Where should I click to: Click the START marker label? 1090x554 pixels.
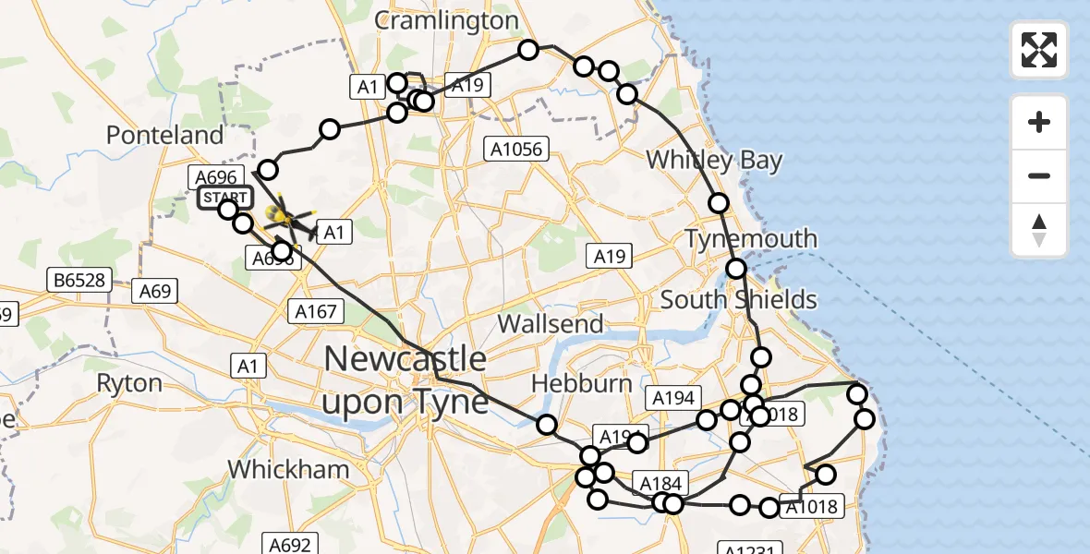tap(224, 198)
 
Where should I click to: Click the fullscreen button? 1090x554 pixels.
tap(1039, 50)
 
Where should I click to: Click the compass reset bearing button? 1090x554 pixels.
tap(1039, 230)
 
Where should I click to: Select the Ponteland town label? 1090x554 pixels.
tap(165, 135)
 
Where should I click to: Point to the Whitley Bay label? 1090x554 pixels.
tap(714, 160)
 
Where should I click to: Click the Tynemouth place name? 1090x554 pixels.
tap(751, 239)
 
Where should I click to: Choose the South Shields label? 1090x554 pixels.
tap(739, 299)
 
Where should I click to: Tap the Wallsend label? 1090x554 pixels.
tap(551, 324)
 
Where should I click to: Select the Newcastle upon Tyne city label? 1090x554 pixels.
tap(406, 379)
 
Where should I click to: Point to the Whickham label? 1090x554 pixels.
tap(288, 469)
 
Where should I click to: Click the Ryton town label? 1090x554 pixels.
tap(129, 383)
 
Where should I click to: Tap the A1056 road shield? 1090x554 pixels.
tap(518, 148)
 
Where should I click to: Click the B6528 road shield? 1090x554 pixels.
tap(79, 279)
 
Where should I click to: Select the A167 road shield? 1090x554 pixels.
tap(316, 311)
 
